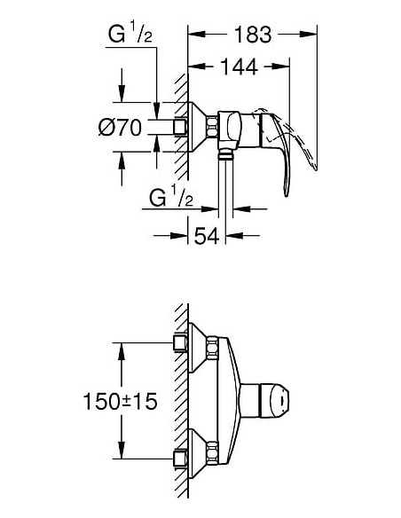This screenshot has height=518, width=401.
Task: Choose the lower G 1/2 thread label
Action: tap(171, 197)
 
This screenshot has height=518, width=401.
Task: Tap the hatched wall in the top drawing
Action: tap(180, 115)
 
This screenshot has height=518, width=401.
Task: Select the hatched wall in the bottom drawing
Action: tap(180, 399)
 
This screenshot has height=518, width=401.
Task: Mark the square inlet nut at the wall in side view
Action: tap(181, 129)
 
